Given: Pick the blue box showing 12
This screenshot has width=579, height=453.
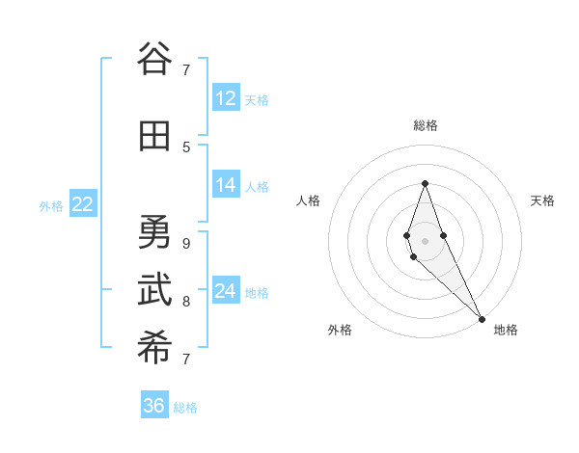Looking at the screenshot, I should click(226, 98).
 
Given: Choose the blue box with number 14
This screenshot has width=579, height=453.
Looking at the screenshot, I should click(226, 185).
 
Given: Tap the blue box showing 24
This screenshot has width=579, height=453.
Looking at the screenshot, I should click(226, 291).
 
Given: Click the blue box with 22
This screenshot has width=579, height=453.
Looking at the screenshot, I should click(83, 204).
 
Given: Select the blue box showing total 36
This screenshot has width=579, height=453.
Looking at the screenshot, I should click(154, 406).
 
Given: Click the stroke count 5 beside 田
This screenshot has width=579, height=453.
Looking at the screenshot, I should click(186, 147).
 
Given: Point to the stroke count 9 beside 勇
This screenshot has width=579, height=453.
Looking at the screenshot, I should click(186, 243).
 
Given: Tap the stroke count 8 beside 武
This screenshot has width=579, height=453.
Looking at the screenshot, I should click(186, 301).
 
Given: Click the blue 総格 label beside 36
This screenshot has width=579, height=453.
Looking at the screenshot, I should click(185, 408).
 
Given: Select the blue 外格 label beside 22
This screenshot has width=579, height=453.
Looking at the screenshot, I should click(51, 205).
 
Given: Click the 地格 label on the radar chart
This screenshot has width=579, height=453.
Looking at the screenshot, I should click(506, 330).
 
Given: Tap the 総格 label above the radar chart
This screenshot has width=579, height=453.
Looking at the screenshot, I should click(425, 125).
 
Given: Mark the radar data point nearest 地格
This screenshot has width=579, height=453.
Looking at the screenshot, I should click(481, 318).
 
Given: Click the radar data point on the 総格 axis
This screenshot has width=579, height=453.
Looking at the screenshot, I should click(425, 183).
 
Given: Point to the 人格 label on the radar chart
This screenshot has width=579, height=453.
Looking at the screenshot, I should click(309, 200).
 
